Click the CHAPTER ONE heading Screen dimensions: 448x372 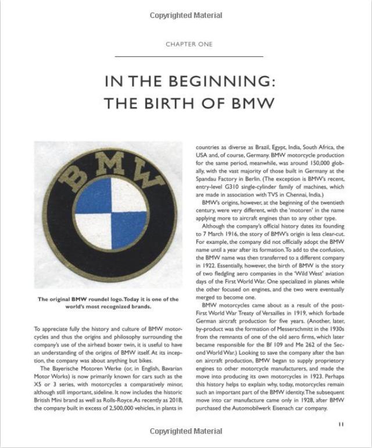(189, 44)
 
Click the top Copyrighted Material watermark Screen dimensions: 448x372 (185, 15)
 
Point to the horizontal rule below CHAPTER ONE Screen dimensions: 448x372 (189, 56)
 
